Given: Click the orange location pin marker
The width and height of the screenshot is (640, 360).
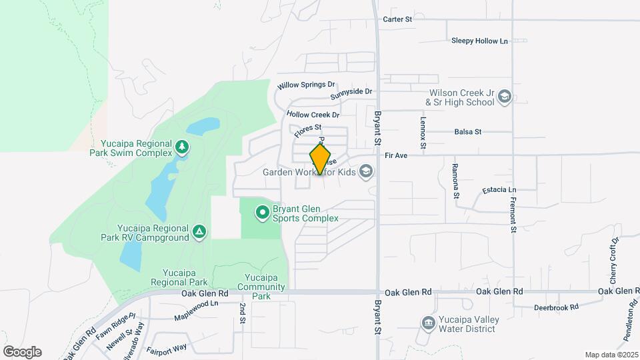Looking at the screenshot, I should point(321,159).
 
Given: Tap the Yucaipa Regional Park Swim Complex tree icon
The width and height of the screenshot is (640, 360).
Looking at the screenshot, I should point(182,146).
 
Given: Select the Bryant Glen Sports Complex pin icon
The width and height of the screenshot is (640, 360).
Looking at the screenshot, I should point(263,213).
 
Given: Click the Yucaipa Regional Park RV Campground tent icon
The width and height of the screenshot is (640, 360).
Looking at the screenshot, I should point(198,232).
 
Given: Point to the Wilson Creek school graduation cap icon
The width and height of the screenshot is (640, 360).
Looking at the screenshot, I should point(505,98).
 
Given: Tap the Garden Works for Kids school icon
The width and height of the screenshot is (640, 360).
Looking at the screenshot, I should point(365,172).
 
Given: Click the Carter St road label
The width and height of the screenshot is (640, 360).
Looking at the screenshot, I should point(398,19).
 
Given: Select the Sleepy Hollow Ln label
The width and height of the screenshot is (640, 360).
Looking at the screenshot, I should point(479,41).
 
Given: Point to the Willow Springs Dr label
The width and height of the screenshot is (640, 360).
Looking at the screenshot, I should point(306,85).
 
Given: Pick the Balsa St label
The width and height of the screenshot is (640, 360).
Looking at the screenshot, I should point(467,132).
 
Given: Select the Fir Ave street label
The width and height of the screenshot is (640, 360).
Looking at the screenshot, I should point(396,155).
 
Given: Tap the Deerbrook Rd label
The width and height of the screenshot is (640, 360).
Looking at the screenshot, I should point(556,307).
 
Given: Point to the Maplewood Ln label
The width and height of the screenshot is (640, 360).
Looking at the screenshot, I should point(196,303).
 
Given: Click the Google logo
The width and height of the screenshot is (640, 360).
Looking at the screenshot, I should point(22,352).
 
